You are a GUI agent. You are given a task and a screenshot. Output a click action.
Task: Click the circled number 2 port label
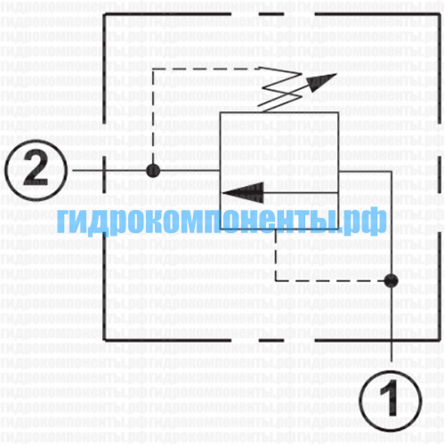point(36,171)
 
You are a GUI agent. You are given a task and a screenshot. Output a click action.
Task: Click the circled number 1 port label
point(391,400)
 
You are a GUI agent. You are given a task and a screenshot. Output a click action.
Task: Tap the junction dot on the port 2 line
point(153,171)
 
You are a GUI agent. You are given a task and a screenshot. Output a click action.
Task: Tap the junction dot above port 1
point(391,280)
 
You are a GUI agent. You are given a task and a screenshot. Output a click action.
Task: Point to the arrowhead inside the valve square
point(243,193)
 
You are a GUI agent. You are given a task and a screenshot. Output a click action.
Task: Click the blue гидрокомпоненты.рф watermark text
point(222,221)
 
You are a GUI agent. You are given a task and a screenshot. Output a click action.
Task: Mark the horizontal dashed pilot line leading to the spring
point(207,69)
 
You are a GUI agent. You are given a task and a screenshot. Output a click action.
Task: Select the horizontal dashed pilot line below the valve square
point(330,280)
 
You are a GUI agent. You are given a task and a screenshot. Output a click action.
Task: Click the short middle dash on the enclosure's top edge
point(271,14)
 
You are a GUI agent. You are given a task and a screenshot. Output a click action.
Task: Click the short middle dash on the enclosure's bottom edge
point(271,340)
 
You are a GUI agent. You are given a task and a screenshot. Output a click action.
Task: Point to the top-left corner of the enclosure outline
point(104,14)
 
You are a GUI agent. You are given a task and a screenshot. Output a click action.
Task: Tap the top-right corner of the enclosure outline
point(440,14)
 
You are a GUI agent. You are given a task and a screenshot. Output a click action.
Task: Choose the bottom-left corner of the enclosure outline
point(104,340)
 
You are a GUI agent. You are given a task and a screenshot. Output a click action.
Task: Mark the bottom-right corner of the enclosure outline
point(440,340)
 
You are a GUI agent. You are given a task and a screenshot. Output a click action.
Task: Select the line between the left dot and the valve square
point(190,171)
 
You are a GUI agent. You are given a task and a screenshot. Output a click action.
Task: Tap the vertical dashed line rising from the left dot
point(153,117)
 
